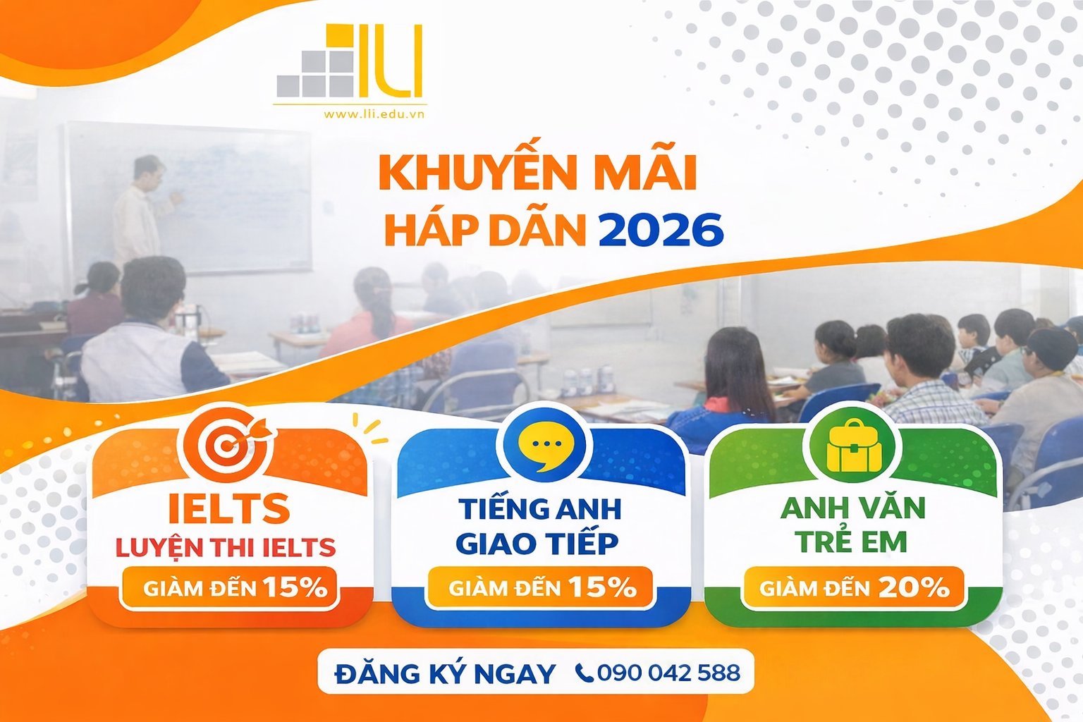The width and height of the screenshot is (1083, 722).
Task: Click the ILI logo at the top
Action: [x=350, y=63]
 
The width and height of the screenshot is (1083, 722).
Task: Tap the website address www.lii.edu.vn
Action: [x=374, y=114]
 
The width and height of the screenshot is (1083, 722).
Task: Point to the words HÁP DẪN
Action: [x=485, y=231]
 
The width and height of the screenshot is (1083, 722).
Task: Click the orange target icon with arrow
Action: [x=227, y=443]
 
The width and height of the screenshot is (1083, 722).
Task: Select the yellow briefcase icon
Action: [x=854, y=447]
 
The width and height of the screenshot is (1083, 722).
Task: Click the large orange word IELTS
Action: [x=229, y=508]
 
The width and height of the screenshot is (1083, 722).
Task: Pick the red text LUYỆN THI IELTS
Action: [x=226, y=547]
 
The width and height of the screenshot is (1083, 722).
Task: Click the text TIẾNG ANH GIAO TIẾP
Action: [x=539, y=526]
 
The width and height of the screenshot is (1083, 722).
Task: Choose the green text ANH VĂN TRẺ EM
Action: [x=852, y=525]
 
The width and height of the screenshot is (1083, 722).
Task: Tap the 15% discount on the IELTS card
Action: [x=295, y=587]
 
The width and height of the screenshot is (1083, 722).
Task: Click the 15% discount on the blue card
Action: [x=602, y=587]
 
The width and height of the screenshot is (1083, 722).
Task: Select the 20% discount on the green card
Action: [x=914, y=587]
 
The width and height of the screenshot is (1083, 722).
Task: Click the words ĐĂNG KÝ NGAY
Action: [x=445, y=673]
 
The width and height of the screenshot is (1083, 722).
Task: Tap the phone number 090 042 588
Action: [x=668, y=673]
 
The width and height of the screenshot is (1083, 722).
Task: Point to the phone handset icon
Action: [x=584, y=673]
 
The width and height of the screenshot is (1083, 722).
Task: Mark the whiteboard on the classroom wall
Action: [x=226, y=197]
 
